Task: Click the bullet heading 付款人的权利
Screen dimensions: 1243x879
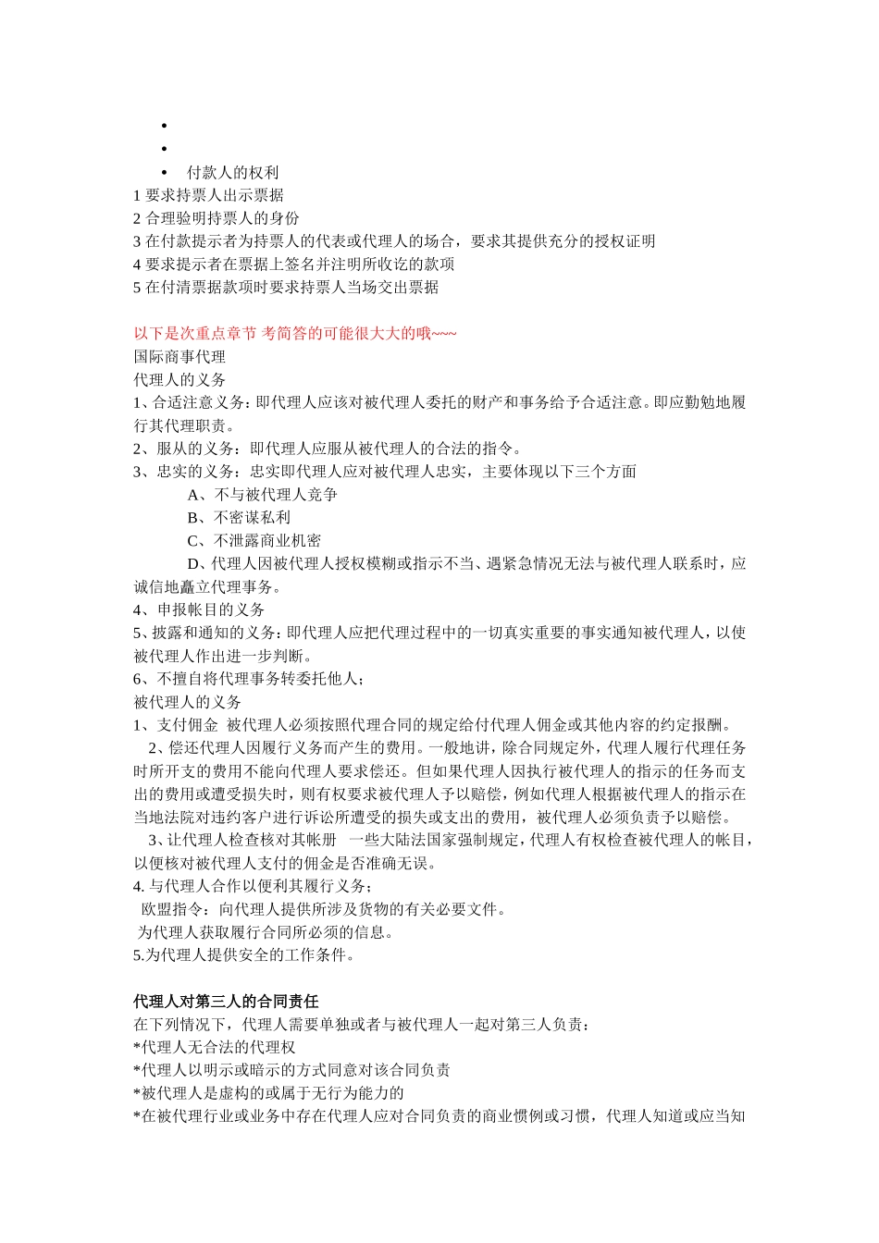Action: pos(232,173)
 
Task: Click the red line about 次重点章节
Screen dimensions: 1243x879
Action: pos(295,334)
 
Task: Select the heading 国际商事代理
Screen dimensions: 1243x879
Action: pos(180,357)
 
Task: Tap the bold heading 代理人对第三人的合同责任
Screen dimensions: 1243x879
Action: pos(226,1002)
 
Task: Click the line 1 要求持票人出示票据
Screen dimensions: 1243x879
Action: pos(208,195)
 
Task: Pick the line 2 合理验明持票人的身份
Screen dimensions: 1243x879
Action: pos(217,218)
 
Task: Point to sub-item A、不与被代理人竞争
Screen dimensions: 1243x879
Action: pos(262,495)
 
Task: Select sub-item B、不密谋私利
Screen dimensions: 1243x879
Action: pos(239,518)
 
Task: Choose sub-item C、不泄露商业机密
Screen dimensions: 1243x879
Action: pos(254,541)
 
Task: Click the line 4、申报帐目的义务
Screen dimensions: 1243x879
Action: pos(199,610)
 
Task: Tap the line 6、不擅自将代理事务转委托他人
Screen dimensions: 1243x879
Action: pos(249,679)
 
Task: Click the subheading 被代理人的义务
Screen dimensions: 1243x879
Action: pos(187,702)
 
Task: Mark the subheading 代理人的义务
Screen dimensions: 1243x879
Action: pos(180,380)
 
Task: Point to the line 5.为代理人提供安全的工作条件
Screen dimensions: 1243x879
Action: pos(244,955)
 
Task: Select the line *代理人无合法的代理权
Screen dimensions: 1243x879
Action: pos(215,1047)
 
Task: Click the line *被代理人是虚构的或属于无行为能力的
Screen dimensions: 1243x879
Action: pos(268,1093)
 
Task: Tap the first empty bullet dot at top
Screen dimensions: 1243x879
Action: pos(164,126)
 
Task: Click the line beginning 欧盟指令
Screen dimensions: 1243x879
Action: pos(324,909)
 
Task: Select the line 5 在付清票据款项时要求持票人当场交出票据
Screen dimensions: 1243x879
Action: pos(286,288)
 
